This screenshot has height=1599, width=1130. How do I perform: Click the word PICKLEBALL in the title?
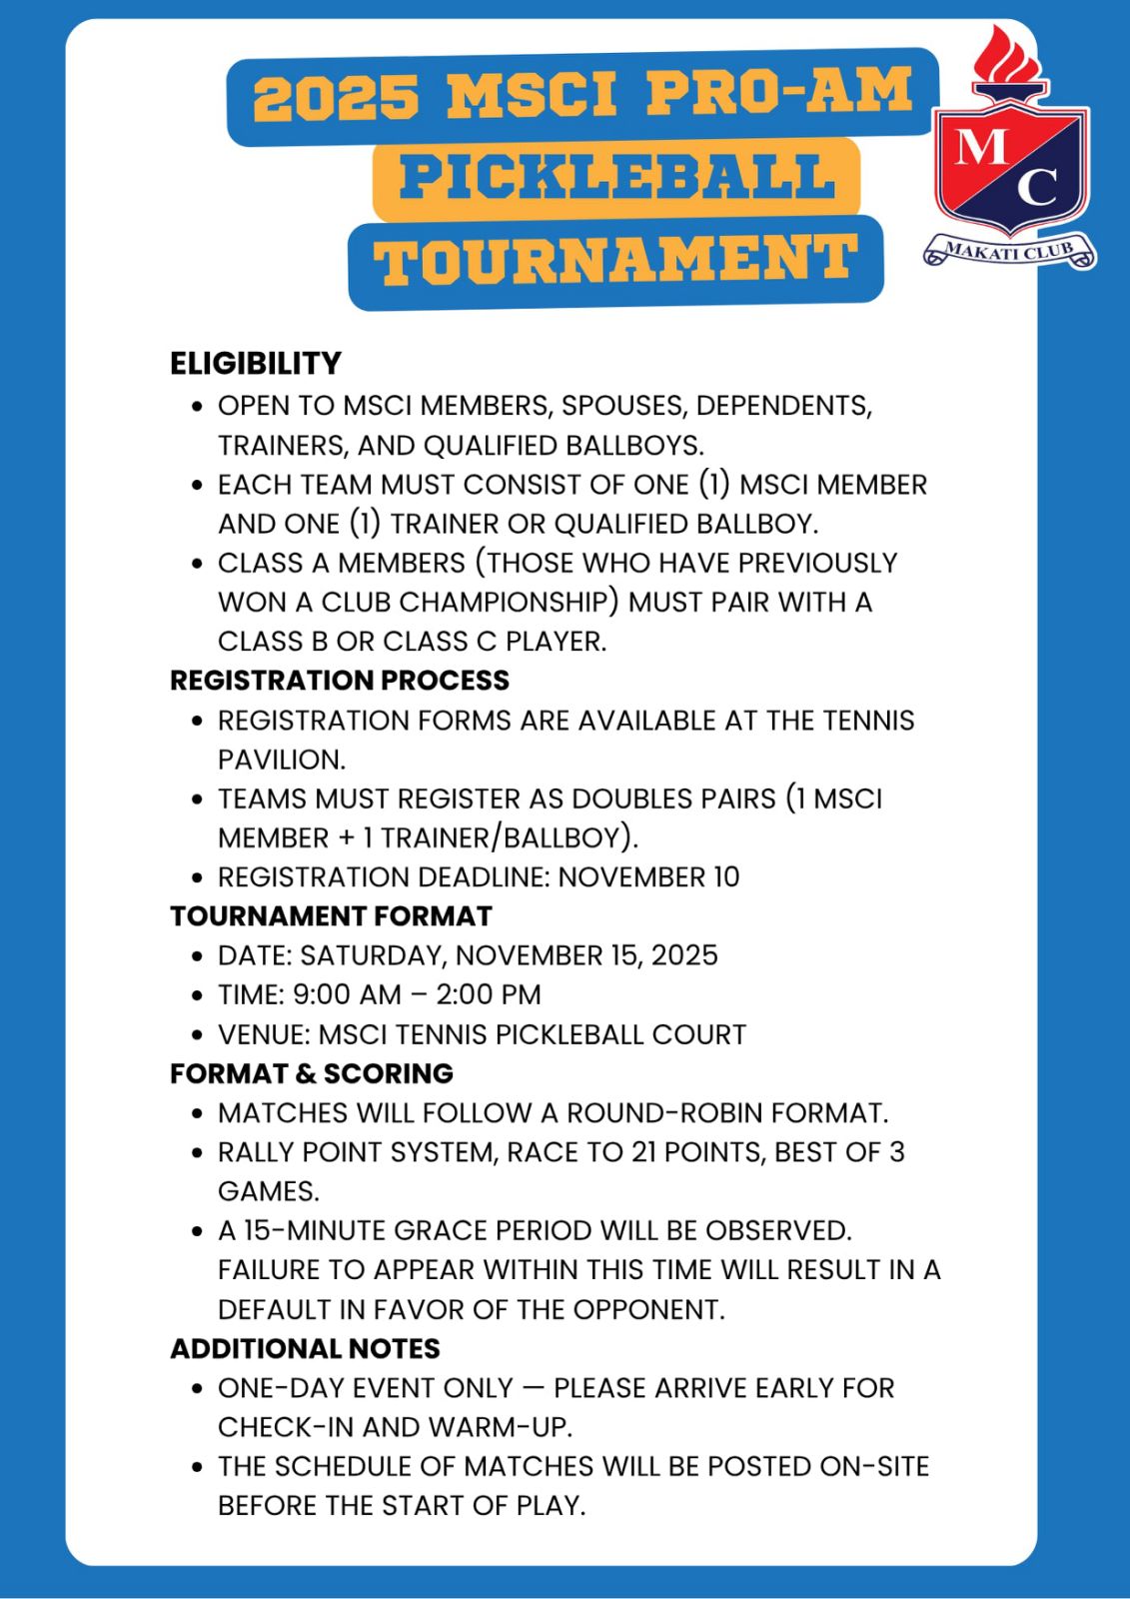click(616, 178)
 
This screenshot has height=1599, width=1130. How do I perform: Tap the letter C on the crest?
click(1038, 186)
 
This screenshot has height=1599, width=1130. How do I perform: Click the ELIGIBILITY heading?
click(256, 363)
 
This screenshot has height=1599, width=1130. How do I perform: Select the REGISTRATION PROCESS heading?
click(340, 681)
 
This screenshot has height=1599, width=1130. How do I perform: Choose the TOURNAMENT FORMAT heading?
click(331, 916)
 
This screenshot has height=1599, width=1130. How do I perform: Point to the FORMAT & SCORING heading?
click(311, 1073)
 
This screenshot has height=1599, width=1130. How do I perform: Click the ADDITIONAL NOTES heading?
click(305, 1349)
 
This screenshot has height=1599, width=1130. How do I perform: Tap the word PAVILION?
click(281, 760)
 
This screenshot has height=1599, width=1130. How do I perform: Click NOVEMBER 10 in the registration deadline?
click(648, 877)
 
